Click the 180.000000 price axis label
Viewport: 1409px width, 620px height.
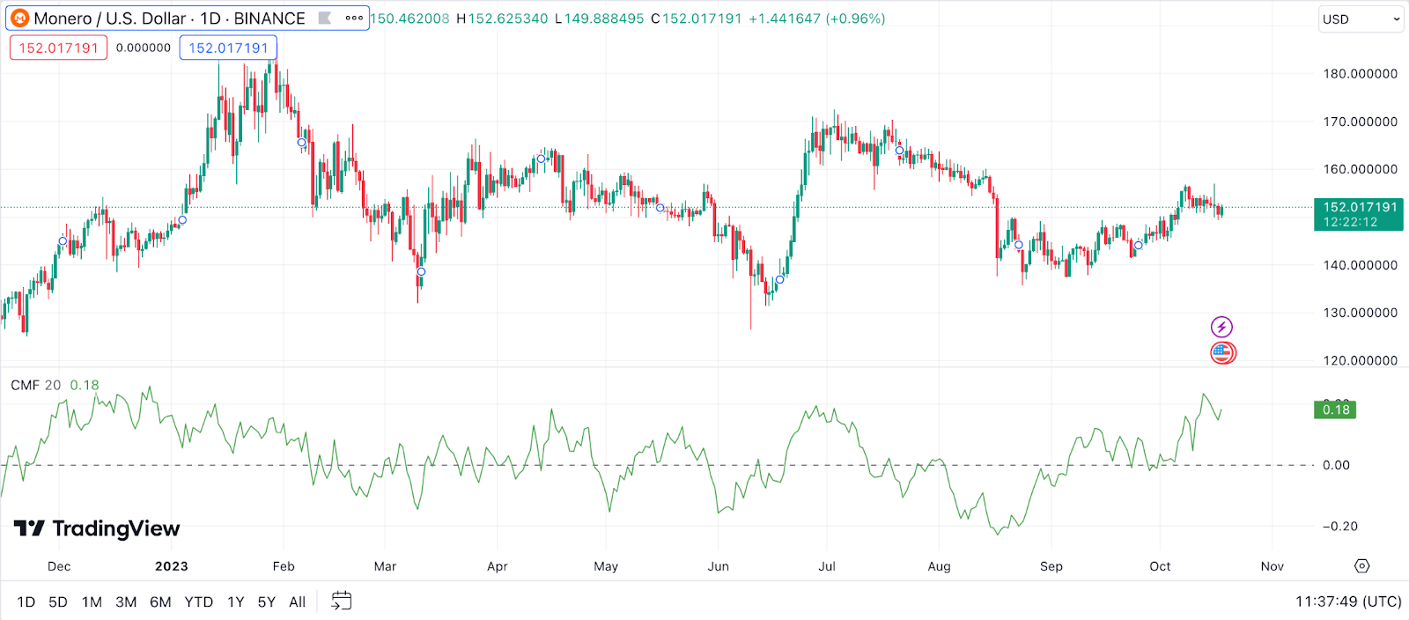(x=1360, y=74)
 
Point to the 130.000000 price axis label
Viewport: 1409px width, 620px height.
(x=1360, y=313)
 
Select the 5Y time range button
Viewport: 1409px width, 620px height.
(x=266, y=602)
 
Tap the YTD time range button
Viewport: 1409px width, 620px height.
(x=198, y=602)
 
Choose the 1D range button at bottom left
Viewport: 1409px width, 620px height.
(x=26, y=602)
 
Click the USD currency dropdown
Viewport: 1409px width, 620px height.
(x=1361, y=19)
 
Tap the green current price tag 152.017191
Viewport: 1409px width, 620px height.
(x=1359, y=214)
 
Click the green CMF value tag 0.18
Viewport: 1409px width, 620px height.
(x=1335, y=410)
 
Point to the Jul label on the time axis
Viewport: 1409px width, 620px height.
(x=827, y=566)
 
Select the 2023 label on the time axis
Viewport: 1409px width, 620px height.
(x=171, y=566)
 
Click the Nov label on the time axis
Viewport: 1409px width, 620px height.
(x=1272, y=566)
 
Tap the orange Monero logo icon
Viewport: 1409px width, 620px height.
(x=19, y=18)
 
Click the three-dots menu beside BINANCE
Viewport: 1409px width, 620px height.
(x=354, y=18)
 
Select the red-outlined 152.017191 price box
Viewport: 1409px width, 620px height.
(x=58, y=48)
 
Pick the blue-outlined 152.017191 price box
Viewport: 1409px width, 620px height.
(x=228, y=48)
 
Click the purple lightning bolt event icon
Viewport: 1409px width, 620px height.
(x=1221, y=328)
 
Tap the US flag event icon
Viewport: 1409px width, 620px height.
(x=1222, y=353)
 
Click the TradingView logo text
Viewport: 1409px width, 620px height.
(x=97, y=528)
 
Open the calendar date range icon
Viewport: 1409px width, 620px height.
(x=341, y=602)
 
